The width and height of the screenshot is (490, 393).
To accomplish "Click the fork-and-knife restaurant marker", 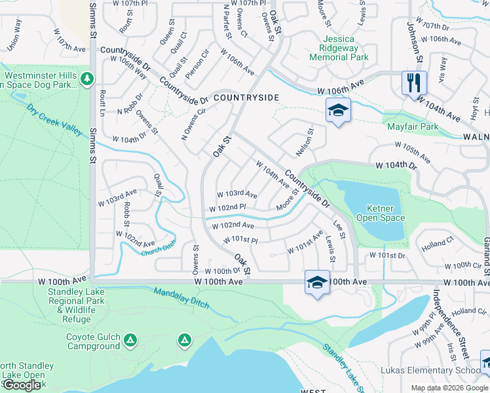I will click(414, 83).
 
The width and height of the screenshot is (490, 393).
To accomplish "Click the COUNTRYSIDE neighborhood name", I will click(246, 98).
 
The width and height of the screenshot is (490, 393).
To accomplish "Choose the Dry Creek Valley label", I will click(54, 119).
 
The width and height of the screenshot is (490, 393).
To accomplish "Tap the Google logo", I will click(22, 385).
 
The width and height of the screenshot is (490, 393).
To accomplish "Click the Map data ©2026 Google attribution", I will click(449, 388).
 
